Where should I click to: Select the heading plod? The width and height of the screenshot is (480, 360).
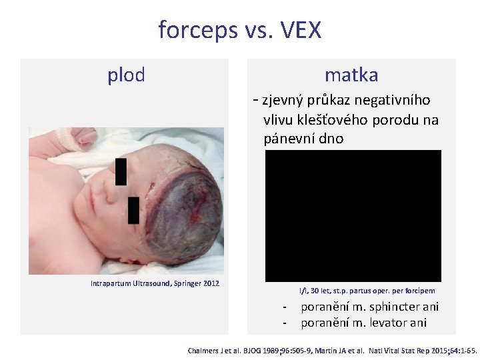(x=126, y=75)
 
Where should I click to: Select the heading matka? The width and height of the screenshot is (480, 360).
(x=351, y=75)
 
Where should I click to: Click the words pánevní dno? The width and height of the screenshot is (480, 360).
(x=303, y=139)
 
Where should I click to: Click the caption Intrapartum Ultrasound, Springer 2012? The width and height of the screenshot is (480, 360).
(x=155, y=283)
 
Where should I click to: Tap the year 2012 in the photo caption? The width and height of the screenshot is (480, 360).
(x=209, y=283)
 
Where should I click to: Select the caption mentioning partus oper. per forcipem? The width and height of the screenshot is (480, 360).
(x=367, y=291)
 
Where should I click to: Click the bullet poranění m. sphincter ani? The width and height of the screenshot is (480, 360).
(x=369, y=307)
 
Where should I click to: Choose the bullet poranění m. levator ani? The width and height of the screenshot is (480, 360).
(x=363, y=323)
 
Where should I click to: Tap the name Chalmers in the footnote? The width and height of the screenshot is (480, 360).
(x=206, y=350)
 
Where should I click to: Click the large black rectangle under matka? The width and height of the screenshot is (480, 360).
(x=353, y=215)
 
